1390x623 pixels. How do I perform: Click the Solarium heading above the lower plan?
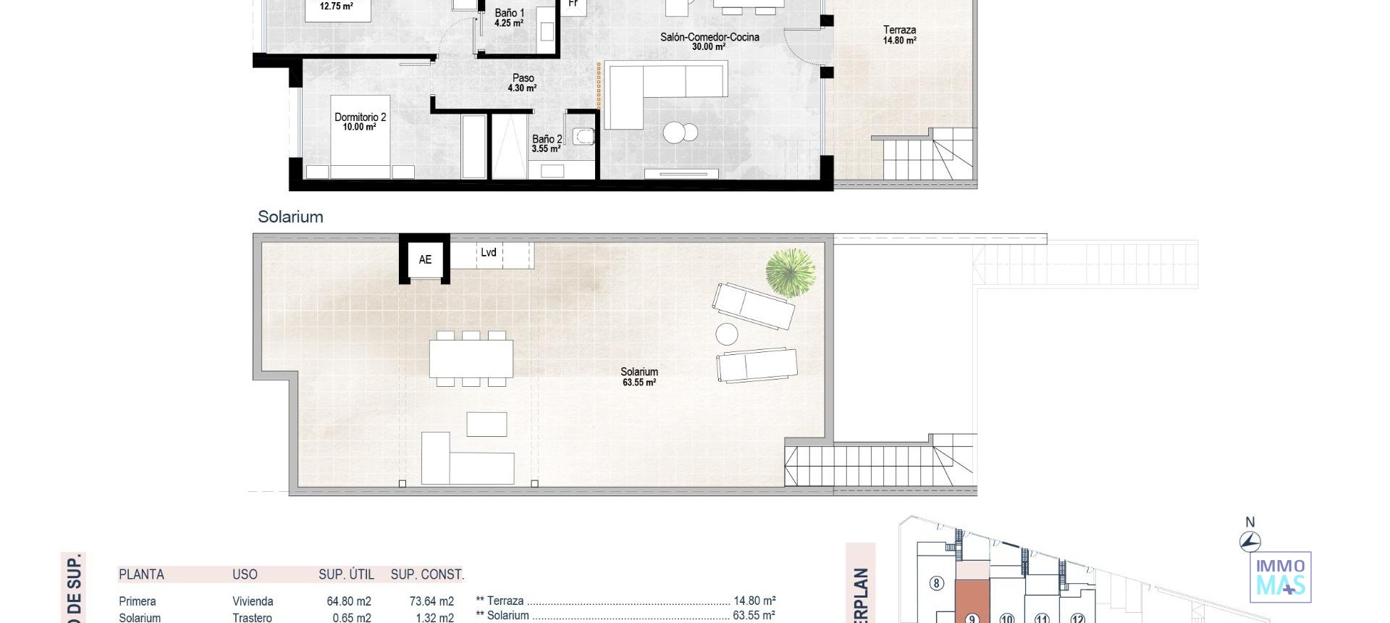click(290, 217)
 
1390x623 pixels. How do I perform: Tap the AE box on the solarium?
click(425, 259)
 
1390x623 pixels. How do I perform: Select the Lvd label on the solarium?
click(489, 252)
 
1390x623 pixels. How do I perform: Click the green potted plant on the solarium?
click(790, 272)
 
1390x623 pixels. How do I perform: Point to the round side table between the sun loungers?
click(727, 334)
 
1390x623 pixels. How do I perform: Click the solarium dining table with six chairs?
click(471, 359)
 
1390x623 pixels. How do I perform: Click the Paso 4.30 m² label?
click(523, 83)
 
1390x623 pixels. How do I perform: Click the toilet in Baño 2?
click(584, 136)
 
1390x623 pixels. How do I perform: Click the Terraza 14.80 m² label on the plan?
click(899, 35)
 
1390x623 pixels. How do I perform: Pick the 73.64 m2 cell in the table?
click(431, 601)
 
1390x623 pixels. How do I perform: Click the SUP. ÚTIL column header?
click(346, 574)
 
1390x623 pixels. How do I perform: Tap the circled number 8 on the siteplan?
click(936, 583)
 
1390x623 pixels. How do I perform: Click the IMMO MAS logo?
click(1280, 577)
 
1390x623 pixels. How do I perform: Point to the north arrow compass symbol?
click(1250, 540)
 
